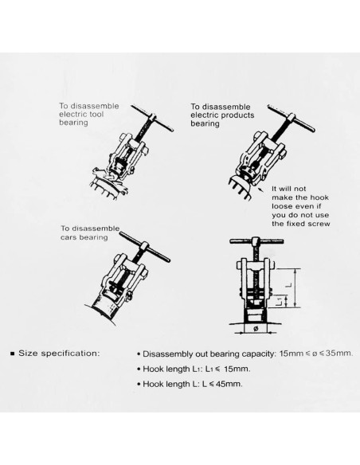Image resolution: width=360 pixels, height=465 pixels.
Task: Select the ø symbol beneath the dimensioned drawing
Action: [x=255, y=326]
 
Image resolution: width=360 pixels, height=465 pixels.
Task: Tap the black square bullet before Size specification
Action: [x=11, y=351]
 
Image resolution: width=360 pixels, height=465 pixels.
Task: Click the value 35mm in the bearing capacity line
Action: [x=338, y=351]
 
